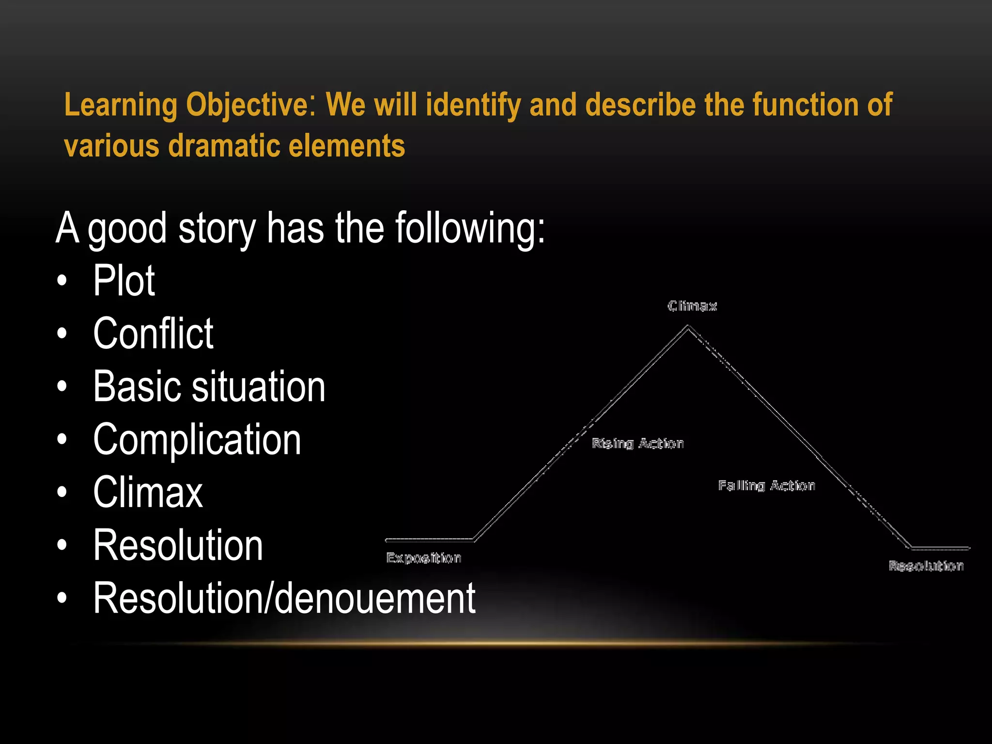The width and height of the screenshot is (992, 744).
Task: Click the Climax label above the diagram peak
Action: [692, 306]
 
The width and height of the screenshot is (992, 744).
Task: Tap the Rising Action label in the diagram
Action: [637, 444]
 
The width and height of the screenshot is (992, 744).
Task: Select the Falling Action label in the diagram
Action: [766, 485]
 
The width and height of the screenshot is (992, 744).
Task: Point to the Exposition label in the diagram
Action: [423, 558]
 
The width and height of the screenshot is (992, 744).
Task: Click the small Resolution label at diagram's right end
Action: [926, 566]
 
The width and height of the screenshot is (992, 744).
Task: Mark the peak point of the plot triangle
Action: [688, 327]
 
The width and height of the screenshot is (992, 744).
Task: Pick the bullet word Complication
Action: [197, 439]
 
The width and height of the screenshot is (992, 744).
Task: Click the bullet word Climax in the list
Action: [148, 492]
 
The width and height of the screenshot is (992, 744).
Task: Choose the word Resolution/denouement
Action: [284, 598]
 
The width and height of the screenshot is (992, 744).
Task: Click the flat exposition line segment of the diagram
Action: [429, 540]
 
